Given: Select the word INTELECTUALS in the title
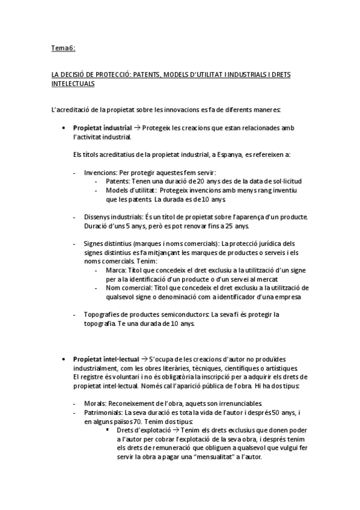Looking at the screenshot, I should pyautogui.click(x=73, y=85).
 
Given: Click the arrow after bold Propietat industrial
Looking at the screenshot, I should pyautogui.click(x=137, y=128).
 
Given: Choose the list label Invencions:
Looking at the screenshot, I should pyautogui.click(x=100, y=171).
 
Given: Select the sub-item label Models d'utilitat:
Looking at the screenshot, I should pyautogui.click(x=124, y=189).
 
